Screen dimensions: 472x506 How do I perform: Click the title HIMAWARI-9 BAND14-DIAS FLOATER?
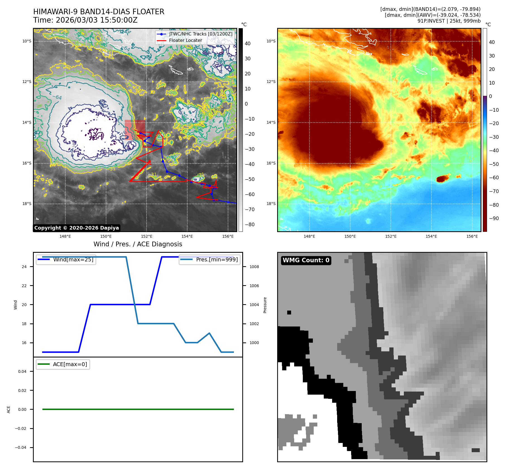[99, 12]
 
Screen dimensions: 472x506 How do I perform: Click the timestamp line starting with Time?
[85, 20]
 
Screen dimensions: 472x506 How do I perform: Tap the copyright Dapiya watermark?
[76, 228]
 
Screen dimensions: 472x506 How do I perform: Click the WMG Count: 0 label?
[306, 260]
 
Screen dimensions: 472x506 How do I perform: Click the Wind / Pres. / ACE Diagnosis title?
[138, 244]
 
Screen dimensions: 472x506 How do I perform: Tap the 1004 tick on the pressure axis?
[254, 305]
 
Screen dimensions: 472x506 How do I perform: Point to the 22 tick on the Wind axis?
[24, 286]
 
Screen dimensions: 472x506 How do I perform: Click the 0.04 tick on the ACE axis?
[22, 371]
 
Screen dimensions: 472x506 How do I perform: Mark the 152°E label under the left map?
[147, 236]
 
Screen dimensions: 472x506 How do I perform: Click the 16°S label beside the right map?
[271, 163]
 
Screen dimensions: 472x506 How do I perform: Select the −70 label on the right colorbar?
[495, 191]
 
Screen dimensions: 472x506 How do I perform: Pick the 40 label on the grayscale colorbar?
[248, 44]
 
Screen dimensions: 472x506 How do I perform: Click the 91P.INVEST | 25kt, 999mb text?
[449, 21]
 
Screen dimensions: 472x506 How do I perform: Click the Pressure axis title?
[265, 305]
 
